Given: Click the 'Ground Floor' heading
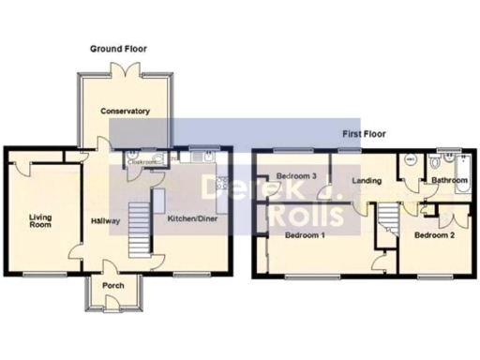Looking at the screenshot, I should tap(118, 48).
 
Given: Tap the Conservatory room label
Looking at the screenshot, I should tap(126, 112).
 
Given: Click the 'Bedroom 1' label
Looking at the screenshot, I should tap(305, 234).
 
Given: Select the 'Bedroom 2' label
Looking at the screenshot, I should tap(434, 234).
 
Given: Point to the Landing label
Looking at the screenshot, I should tap(366, 180).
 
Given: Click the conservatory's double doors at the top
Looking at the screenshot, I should tap(125, 68).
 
